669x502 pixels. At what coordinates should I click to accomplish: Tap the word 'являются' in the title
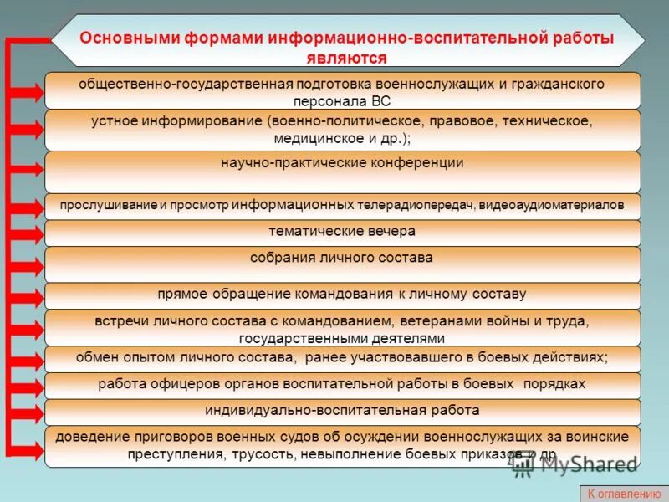pos(345,58)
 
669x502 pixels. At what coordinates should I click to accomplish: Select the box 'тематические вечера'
pos(342,232)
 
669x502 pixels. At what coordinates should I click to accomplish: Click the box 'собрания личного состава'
pos(342,264)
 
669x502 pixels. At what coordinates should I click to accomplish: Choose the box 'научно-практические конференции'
pos(342,171)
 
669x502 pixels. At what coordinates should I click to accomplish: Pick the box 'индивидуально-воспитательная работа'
pos(342,411)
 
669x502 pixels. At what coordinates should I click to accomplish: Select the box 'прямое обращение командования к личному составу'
pos(342,295)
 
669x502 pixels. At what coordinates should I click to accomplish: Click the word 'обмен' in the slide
pos(94,357)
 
